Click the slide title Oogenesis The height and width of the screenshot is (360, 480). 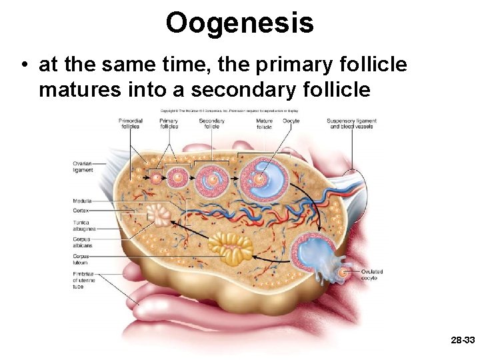(239, 23)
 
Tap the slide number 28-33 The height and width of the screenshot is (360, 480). (462, 340)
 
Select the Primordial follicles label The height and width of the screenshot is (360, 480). (131, 123)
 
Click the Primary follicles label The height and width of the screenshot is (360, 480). (169, 123)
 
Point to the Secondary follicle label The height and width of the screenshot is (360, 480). (211, 123)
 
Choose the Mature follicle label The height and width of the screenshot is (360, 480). (264, 123)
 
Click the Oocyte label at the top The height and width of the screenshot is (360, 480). (291, 121)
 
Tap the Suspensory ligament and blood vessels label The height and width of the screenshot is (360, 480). (351, 123)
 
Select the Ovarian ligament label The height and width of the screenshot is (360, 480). (83, 167)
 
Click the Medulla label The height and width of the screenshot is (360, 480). (83, 201)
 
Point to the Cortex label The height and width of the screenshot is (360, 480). (81, 211)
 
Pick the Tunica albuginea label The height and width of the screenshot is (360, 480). (83, 226)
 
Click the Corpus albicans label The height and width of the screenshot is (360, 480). (83, 243)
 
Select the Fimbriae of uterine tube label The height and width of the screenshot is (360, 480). (85, 280)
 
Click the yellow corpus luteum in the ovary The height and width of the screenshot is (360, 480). (230, 246)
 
